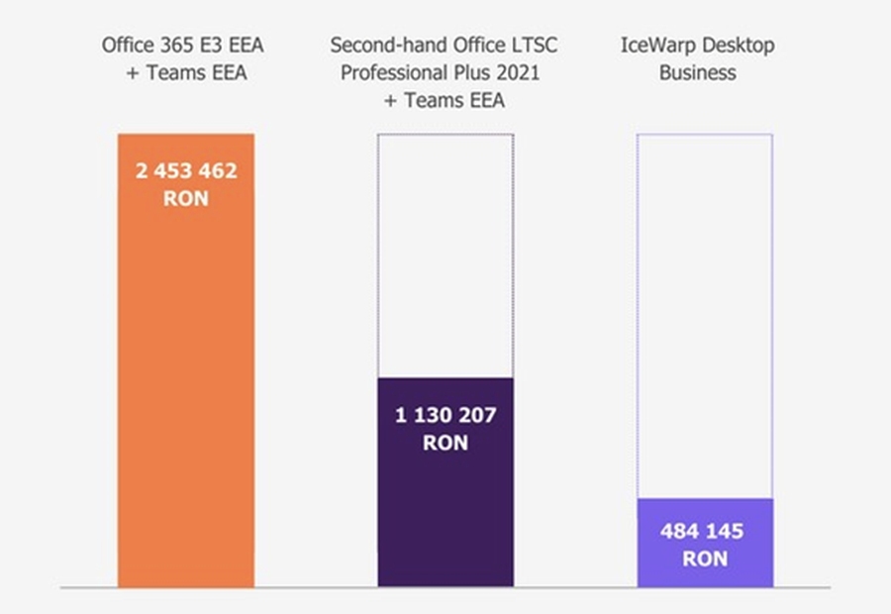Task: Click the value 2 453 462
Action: pyautogui.click(x=186, y=170)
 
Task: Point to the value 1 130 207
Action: pyautogui.click(x=445, y=415)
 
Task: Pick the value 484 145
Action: pyautogui.click(x=703, y=532)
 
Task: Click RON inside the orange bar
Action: pyautogui.click(x=186, y=197)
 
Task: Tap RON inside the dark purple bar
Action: pyautogui.click(x=445, y=443)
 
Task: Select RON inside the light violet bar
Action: pyautogui.click(x=703, y=559)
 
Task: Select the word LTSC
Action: pyautogui.click(x=536, y=46)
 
